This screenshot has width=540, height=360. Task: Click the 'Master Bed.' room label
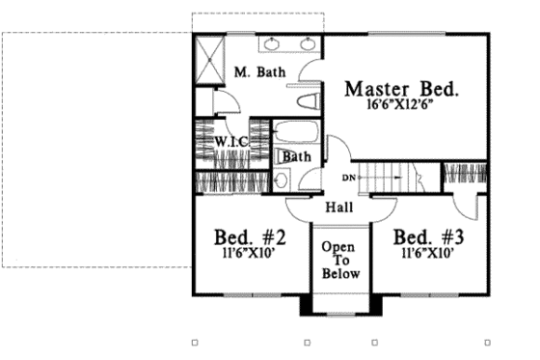pyautogui.click(x=402, y=90)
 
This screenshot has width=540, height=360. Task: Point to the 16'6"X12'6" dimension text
pyautogui.click(x=402, y=107)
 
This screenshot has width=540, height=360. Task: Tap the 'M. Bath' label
pyautogui.click(x=258, y=72)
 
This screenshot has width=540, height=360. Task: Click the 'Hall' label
pyautogui.click(x=337, y=208)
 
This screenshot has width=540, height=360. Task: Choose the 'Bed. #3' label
pyautogui.click(x=425, y=238)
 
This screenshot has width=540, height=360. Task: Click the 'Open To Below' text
pyautogui.click(x=340, y=260)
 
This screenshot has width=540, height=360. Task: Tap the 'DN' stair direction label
pyautogui.click(x=350, y=178)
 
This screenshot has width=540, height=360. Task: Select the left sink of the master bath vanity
pyautogui.click(x=272, y=43)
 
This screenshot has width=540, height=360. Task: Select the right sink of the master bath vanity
pyautogui.click(x=309, y=43)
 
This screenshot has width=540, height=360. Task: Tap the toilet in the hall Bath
pyautogui.click(x=282, y=180)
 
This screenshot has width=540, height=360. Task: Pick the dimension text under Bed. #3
pyautogui.click(x=425, y=255)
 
